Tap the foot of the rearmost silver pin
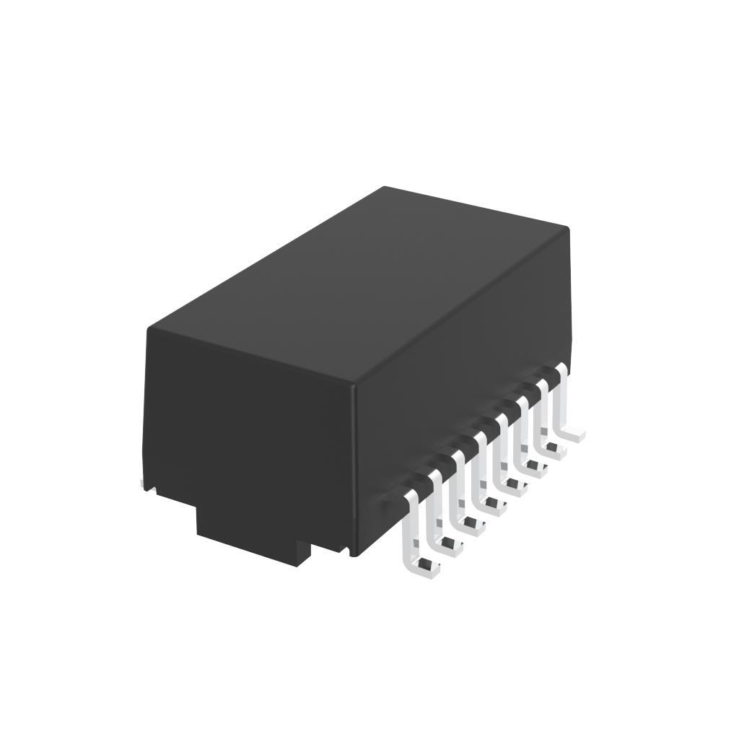click(x=575, y=434)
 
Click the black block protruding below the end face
click(x=253, y=534)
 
